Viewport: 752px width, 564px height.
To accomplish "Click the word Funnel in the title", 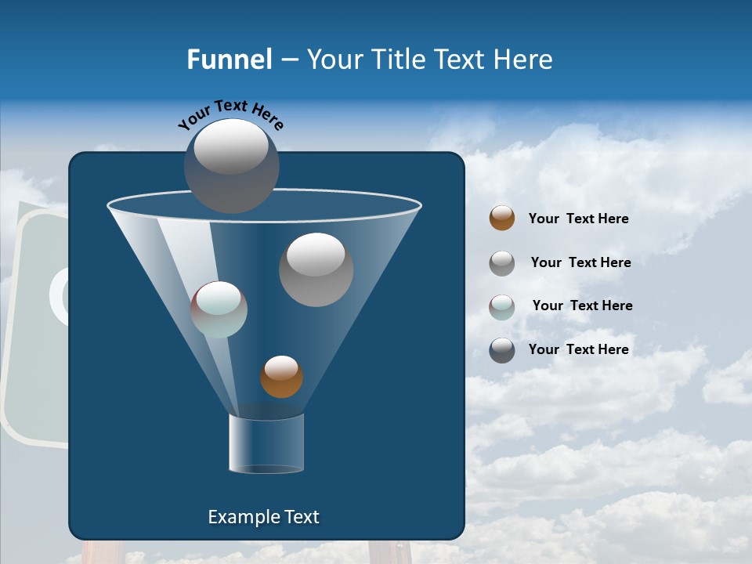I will (229, 60).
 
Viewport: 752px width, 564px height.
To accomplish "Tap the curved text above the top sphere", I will (231, 114).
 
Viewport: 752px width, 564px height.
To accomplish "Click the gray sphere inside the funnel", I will (316, 270).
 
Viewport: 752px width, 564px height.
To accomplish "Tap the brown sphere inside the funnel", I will (281, 377).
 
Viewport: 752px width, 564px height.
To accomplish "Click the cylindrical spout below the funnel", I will (266, 444).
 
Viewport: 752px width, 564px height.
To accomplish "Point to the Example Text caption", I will (263, 517).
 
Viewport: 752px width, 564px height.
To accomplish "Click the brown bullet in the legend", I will (502, 218).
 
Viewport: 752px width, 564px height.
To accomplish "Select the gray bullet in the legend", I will (502, 262).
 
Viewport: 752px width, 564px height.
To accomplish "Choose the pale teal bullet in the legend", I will (502, 306).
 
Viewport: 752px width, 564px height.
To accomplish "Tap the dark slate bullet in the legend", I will (502, 350).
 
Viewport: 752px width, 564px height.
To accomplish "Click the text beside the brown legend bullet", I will (578, 219).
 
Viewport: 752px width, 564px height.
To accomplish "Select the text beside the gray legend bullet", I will (580, 262).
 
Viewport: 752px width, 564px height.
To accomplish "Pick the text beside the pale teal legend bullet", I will (582, 305).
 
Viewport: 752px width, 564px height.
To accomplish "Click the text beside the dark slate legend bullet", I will (578, 349).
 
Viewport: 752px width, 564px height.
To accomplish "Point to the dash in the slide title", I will (288, 60).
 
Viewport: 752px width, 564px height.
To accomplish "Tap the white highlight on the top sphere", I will (231, 146).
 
